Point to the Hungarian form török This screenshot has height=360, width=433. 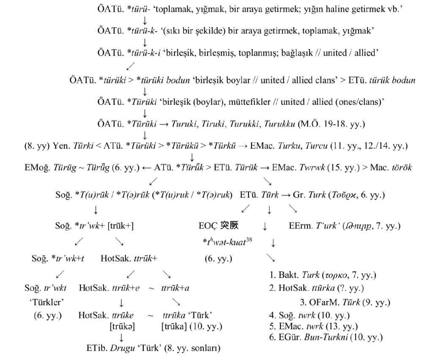402,167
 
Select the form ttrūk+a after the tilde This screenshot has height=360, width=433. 175,289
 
